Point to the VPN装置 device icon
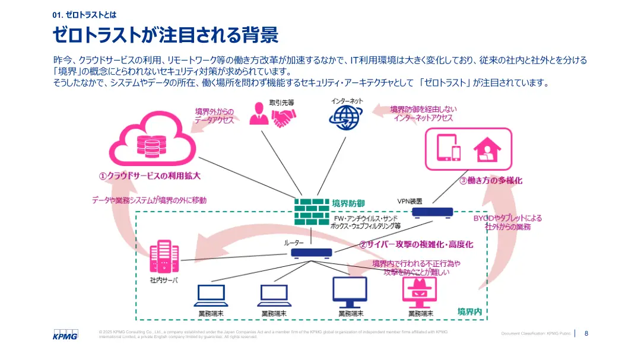432,212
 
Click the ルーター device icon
312,253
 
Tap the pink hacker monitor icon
420,291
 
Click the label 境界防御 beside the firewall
348,203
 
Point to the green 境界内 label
469,311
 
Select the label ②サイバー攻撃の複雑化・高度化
415,244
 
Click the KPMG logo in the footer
66,335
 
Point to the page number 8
586,333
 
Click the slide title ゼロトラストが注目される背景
166,36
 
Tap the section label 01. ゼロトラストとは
85,15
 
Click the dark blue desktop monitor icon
350,291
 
